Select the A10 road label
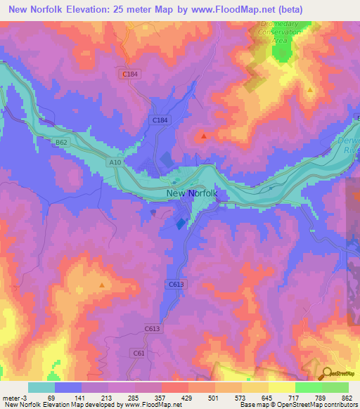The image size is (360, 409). (115, 162)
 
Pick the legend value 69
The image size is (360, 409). (51, 398)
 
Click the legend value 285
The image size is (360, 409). (134, 398)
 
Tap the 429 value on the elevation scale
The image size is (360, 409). (188, 398)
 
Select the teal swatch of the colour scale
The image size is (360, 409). (41, 387)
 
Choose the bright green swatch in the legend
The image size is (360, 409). (309, 387)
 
